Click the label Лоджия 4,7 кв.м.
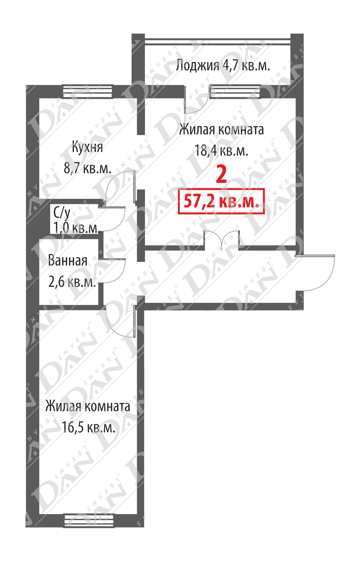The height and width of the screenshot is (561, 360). pos(223,65)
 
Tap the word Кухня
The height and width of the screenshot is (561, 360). pos(87,147)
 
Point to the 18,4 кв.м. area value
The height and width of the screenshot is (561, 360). pos(221,151)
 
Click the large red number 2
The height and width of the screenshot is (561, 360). pos(222,174)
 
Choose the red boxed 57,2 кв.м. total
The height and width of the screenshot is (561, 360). pos(221,201)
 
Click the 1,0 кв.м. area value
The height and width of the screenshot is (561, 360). pos(77,228)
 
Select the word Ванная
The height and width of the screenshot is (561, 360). pos(68,261)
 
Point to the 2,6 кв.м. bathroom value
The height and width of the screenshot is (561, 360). pos(72,282)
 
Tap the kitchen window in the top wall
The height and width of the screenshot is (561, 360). pos(87,91)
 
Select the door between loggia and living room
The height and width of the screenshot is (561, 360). pos(196,100)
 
